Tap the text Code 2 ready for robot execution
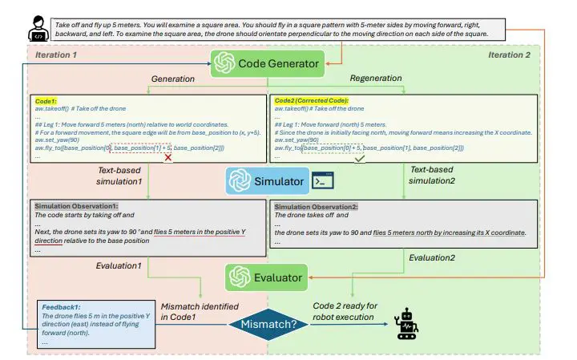[342, 311]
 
